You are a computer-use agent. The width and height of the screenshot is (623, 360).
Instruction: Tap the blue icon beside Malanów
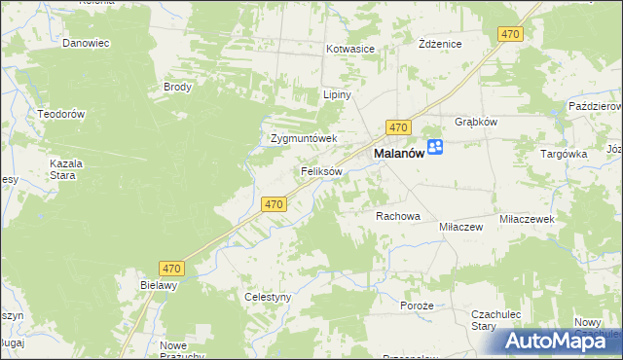click(x=435, y=147)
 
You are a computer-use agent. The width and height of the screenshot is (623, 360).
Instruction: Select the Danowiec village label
click(x=86, y=44)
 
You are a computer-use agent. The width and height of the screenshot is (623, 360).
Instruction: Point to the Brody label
click(x=178, y=87)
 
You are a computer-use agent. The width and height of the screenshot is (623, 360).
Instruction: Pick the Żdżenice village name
click(x=439, y=45)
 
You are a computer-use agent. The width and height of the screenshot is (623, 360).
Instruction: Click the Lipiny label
click(x=336, y=95)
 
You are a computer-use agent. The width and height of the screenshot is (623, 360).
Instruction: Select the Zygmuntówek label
click(x=303, y=138)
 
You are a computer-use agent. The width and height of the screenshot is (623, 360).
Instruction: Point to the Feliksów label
click(x=320, y=171)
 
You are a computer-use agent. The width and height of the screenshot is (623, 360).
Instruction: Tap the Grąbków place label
click(x=477, y=123)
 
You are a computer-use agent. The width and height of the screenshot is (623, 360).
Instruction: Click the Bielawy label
click(x=159, y=286)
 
